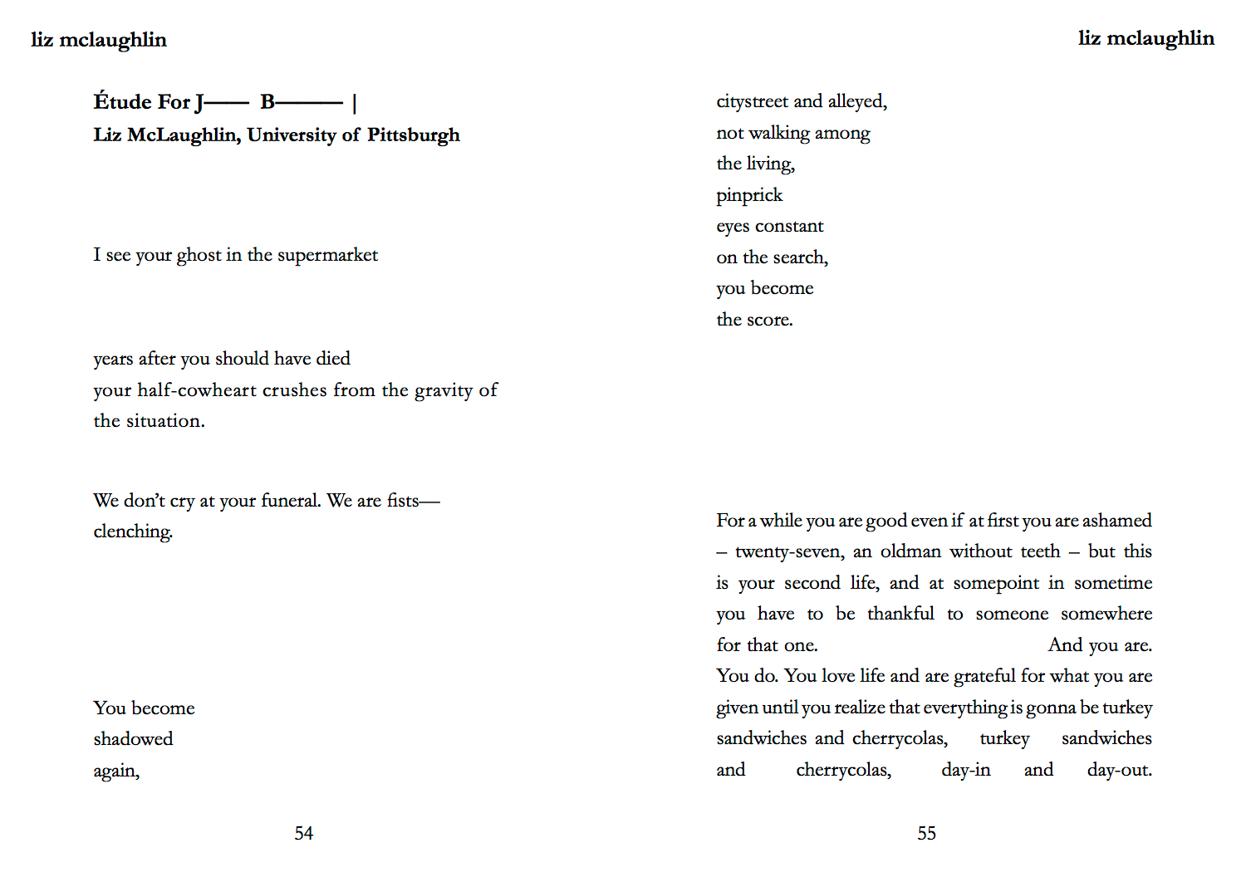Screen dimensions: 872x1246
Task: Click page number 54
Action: point(303,833)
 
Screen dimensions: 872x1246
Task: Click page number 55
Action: point(926,833)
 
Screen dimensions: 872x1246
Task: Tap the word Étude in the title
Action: point(122,102)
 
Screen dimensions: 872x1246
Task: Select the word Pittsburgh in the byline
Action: point(413,135)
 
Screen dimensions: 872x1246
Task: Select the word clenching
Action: point(133,532)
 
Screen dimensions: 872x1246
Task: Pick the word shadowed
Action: point(133,739)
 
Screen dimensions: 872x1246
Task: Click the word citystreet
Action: point(752,101)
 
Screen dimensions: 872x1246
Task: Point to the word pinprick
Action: point(749,196)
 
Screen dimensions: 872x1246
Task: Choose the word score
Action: point(769,320)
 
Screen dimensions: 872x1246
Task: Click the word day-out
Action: point(1119,770)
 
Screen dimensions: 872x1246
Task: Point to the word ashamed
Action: point(1116,521)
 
